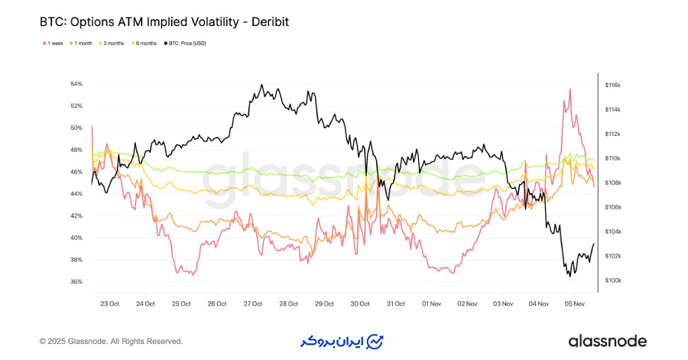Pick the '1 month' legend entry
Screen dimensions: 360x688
(x=83, y=44)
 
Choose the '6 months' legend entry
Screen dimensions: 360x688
(x=146, y=44)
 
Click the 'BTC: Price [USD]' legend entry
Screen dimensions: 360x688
(x=188, y=44)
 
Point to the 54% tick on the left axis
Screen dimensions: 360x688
(x=76, y=84)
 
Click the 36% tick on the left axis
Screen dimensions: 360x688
(x=76, y=281)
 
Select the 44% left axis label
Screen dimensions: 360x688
(x=76, y=194)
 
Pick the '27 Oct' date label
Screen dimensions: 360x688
(x=252, y=303)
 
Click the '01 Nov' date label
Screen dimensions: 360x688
(x=433, y=303)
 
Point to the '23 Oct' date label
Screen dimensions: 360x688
(x=109, y=303)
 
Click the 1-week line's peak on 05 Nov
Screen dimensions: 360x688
(x=570, y=89)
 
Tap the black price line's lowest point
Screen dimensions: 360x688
(x=570, y=276)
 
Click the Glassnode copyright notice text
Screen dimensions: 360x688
(x=111, y=341)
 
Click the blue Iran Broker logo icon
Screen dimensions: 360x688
(x=375, y=341)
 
